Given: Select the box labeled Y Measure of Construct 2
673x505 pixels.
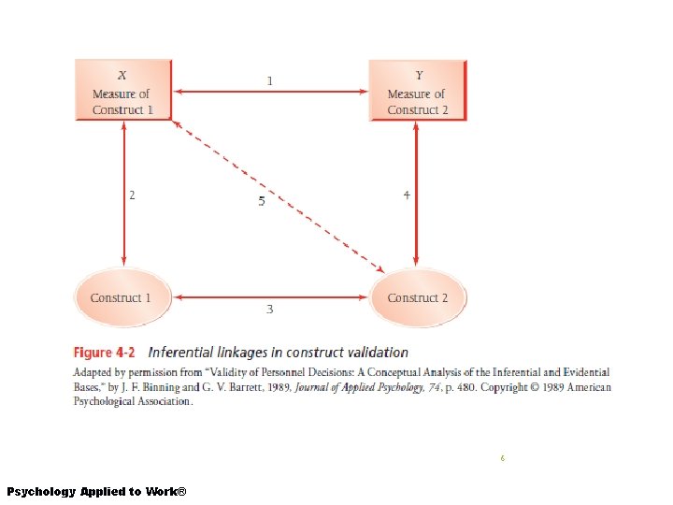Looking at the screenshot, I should click(417, 91).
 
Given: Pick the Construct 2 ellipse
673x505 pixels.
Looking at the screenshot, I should click(417, 298).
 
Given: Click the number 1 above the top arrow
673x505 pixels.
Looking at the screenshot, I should click(270, 81).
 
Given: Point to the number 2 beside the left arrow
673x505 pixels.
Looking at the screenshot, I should click(132, 195).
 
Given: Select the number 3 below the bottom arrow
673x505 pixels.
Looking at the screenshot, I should click(270, 310).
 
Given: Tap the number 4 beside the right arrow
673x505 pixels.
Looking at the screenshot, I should click(406, 195).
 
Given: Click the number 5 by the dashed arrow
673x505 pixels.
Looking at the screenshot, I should click(262, 202).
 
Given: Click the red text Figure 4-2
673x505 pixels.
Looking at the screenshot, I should click(105, 353).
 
